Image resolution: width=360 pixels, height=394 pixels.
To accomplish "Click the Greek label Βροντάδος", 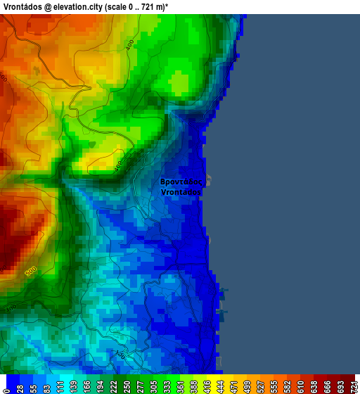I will point(182,181).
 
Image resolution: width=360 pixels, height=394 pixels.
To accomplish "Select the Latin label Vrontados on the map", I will point(181,191).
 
